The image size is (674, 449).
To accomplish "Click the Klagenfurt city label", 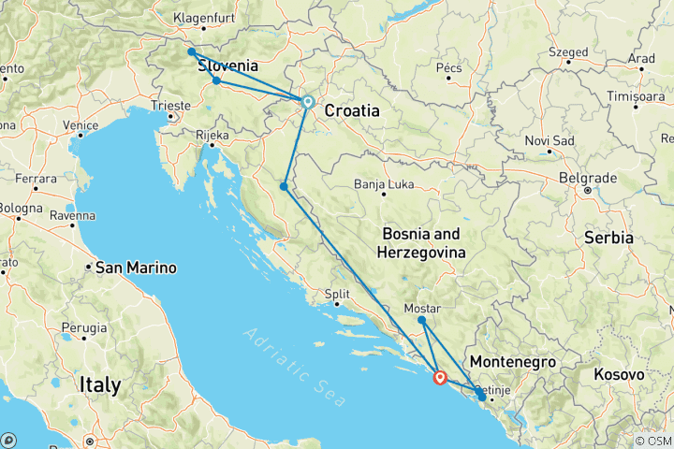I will click(x=207, y=17).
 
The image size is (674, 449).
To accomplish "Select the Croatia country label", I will click(x=352, y=110).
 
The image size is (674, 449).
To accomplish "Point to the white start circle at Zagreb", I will click(x=307, y=102).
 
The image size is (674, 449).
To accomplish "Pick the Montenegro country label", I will click(x=513, y=362).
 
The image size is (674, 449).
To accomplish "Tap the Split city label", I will click(x=337, y=295).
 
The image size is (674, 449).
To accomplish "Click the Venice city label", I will click(x=81, y=125).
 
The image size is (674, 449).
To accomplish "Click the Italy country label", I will click(x=100, y=384).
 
